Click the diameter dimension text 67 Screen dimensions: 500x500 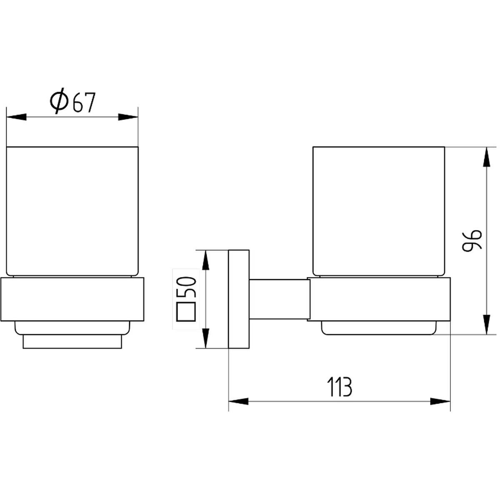pyautogui.click(x=84, y=102)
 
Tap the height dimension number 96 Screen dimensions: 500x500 pyautogui.click(x=472, y=240)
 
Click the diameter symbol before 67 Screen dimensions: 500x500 pyautogui.click(x=59, y=101)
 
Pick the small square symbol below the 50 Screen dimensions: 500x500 pyautogui.click(x=186, y=312)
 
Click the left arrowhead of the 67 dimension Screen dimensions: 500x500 pyautogui.click(x=16, y=117)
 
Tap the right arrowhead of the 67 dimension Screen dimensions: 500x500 pyautogui.click(x=128, y=117)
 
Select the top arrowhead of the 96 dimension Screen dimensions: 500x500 pyautogui.click(x=486, y=157)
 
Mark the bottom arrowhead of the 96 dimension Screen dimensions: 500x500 pyautogui.click(x=486, y=325)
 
